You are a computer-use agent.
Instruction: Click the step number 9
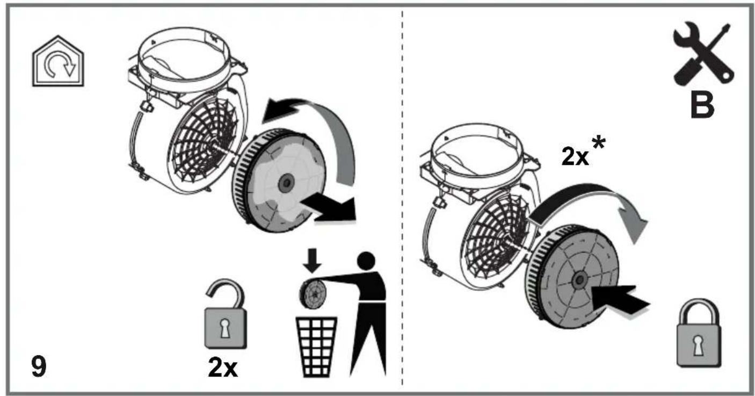(x=39, y=366)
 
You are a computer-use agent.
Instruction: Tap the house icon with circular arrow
(x=58, y=61)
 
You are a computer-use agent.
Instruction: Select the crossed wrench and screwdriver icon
(x=703, y=53)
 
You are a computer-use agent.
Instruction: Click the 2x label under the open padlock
(x=223, y=368)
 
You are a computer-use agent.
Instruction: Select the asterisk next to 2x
(x=598, y=143)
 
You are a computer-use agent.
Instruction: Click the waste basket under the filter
(x=316, y=347)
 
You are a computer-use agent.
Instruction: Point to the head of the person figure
(x=366, y=261)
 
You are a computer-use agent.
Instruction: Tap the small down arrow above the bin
(x=313, y=261)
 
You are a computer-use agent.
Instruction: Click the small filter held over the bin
(x=313, y=294)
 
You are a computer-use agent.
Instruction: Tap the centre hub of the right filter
(x=579, y=279)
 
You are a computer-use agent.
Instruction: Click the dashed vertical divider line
(x=402, y=197)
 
